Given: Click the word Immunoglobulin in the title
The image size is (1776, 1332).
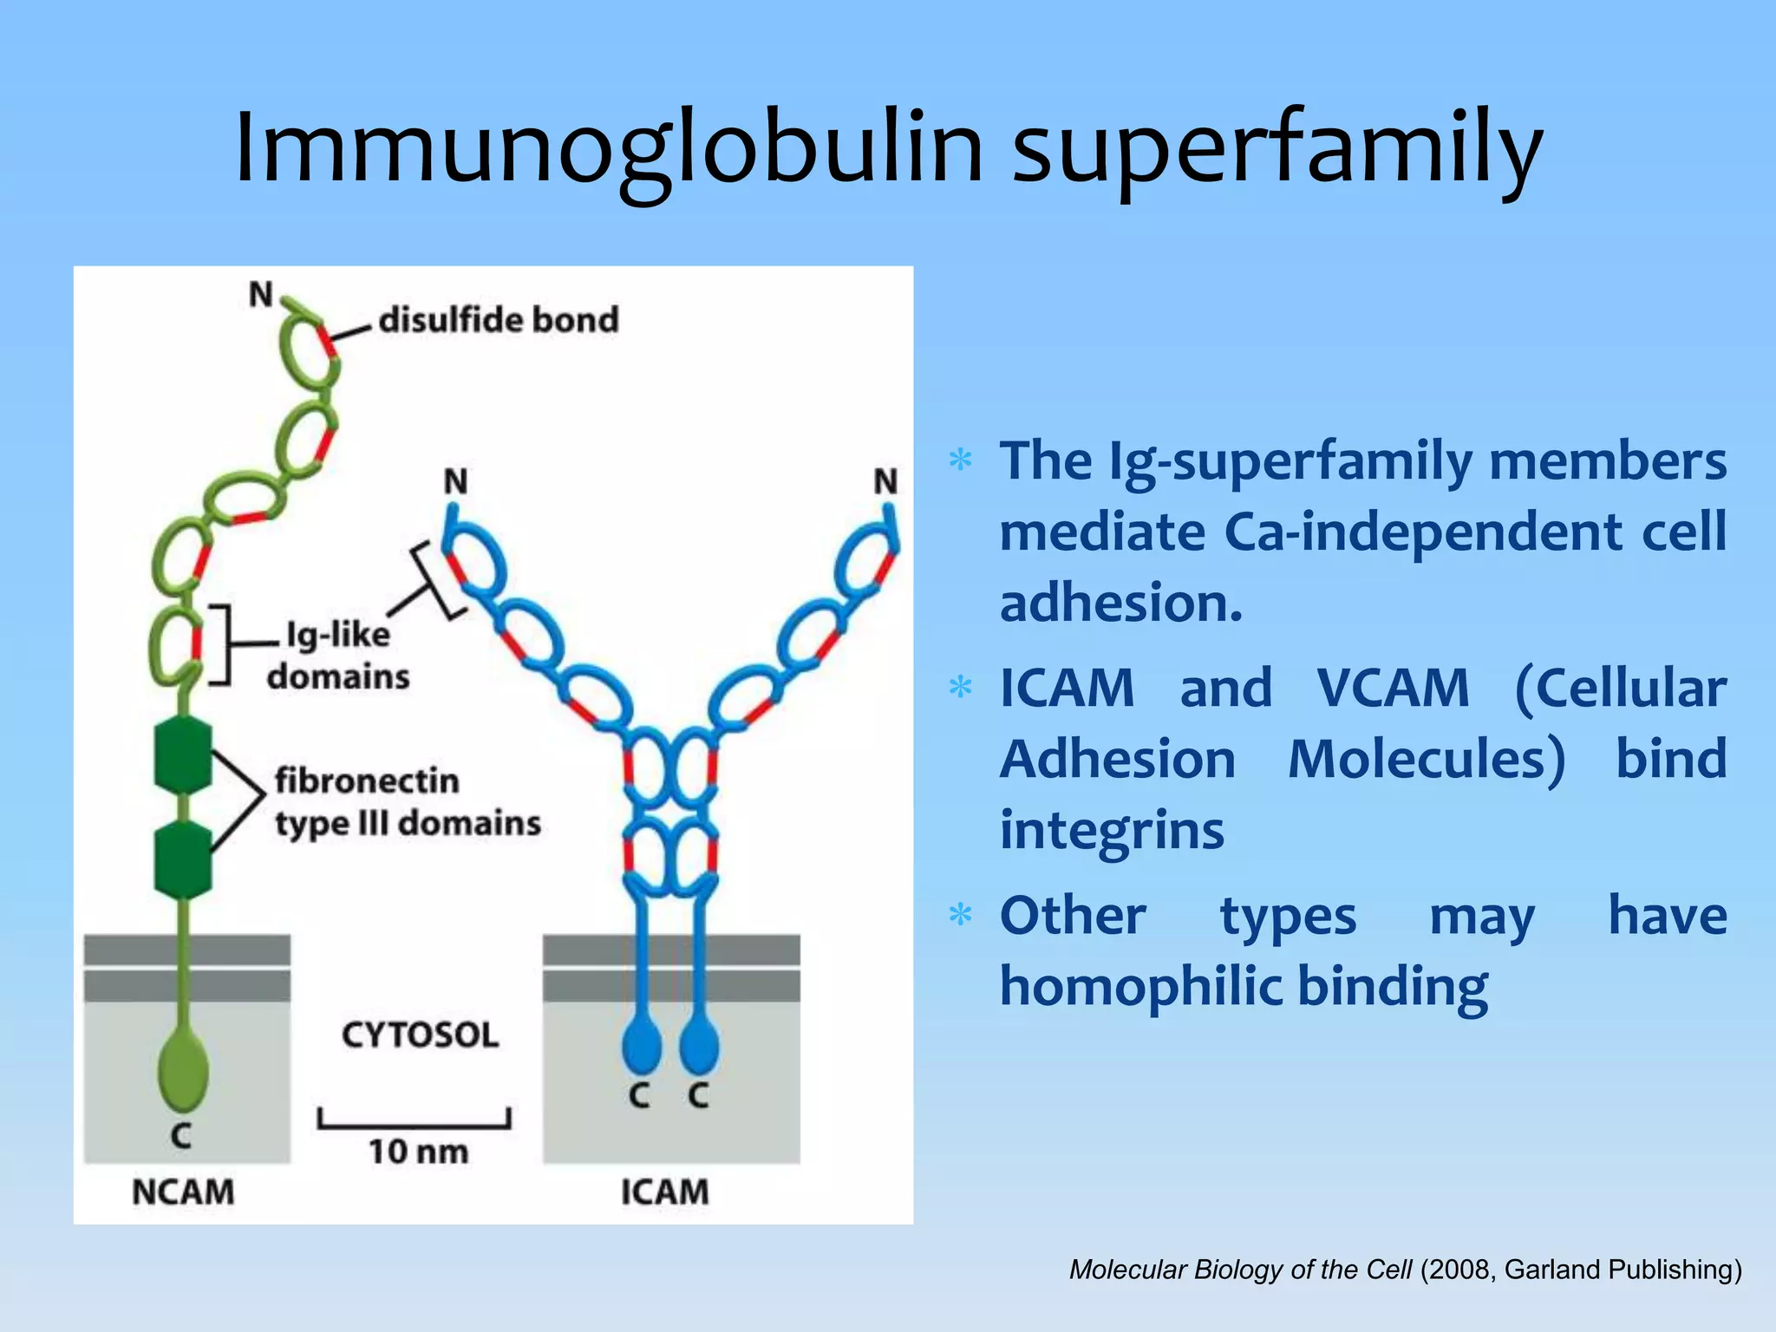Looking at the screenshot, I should (607, 147).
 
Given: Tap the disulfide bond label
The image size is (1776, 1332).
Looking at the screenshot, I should (499, 320).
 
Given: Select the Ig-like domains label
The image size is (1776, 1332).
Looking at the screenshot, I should (338, 656).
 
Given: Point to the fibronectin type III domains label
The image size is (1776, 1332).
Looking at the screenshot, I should (408, 801).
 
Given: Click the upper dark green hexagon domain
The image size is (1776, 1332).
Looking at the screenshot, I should (183, 754).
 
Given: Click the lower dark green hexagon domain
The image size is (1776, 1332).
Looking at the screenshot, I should (183, 859).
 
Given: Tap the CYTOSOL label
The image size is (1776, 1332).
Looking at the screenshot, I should (420, 1035).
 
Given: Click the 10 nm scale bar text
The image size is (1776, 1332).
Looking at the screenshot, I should (418, 1152).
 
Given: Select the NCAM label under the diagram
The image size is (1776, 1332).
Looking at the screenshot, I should (183, 1192).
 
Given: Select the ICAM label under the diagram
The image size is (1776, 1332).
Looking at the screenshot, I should (664, 1192).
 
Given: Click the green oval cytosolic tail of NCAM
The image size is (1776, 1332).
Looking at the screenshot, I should (183, 1068).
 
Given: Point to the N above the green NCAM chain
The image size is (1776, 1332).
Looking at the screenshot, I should (260, 295).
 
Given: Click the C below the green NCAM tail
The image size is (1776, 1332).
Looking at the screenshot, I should (180, 1134).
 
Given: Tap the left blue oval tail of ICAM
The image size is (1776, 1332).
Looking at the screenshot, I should (642, 1045).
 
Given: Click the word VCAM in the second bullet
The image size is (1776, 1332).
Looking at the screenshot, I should (1393, 689).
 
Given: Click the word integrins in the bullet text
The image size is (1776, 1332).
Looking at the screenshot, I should (1112, 830).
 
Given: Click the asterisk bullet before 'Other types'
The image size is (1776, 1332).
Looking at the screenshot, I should (960, 915).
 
